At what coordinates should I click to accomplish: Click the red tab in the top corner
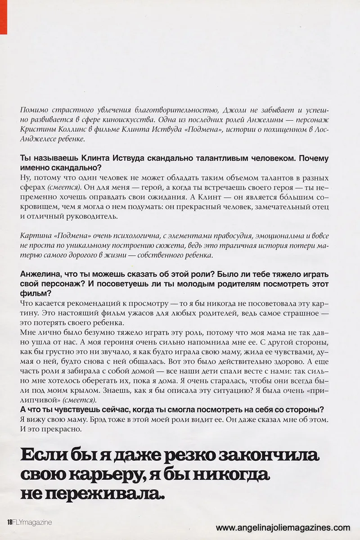tap(4, 17)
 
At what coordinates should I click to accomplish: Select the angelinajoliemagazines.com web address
tap(283, 527)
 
